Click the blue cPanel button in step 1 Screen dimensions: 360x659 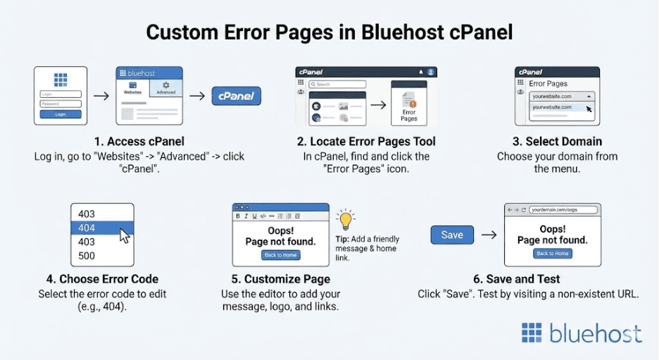[x=237, y=96]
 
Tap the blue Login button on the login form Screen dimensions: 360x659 [x=61, y=113]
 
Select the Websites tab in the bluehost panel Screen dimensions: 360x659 [x=132, y=87]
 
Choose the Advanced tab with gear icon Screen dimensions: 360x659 [x=166, y=87]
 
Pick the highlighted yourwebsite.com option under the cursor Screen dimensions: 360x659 [x=556, y=107]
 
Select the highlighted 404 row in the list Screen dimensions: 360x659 [x=101, y=228]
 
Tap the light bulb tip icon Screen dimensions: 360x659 [x=345, y=220]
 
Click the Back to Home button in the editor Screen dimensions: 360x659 [x=280, y=255]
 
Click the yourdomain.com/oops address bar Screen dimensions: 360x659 [x=563, y=210]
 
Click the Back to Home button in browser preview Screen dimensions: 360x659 [x=552, y=253]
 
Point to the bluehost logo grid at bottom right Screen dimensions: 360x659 [x=532, y=333]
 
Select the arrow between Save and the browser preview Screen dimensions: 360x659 [x=489, y=235]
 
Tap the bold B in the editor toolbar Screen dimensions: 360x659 [x=238, y=216]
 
